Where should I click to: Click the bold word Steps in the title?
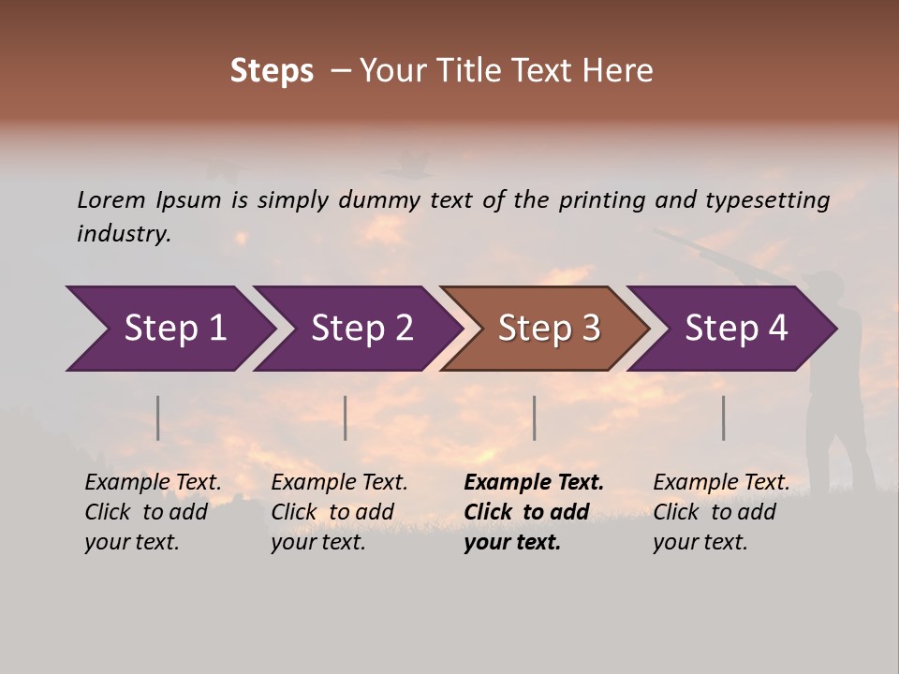[x=272, y=71]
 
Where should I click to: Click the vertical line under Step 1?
[x=158, y=418]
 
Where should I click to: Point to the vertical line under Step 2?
[x=346, y=418]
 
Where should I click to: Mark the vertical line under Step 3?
[x=534, y=418]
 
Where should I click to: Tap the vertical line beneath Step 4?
[x=723, y=418]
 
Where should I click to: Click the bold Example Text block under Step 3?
[x=534, y=512]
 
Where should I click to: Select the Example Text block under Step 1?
[x=153, y=512]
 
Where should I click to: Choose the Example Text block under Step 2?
[x=339, y=512]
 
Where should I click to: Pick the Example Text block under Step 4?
[x=721, y=512]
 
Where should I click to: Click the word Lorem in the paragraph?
[x=111, y=199]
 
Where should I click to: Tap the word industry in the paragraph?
[x=124, y=234]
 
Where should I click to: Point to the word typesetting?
[x=767, y=199]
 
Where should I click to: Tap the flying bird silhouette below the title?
[x=405, y=165]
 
